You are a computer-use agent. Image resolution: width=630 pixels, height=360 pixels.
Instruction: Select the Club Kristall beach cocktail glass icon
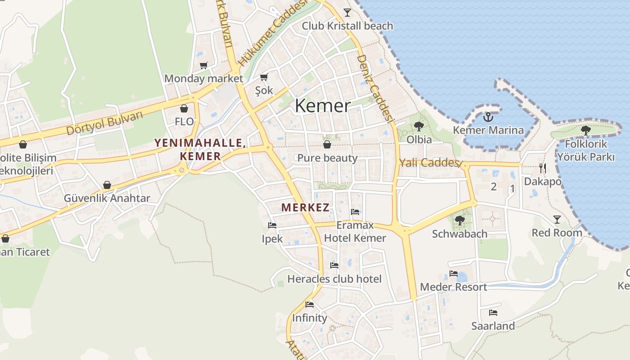point(347,12)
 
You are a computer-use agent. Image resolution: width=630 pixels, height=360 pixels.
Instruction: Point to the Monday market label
point(203,78)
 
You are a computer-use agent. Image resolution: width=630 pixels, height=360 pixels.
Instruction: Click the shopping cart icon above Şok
point(264,77)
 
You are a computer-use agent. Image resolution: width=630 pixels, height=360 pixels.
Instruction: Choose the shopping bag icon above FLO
point(184,108)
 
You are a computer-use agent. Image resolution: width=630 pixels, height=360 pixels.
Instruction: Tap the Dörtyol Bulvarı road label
point(104,122)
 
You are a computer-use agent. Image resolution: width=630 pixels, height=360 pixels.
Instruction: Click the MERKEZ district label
point(306,207)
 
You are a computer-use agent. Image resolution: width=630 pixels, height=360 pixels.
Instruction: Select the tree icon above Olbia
point(419,126)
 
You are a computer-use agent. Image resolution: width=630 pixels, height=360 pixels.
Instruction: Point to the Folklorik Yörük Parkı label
point(585,150)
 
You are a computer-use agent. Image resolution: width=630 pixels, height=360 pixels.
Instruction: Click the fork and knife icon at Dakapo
point(543,168)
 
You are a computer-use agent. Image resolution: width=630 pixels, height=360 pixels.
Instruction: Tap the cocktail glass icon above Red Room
point(557,219)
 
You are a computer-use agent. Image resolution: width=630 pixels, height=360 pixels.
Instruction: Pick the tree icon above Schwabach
point(459,220)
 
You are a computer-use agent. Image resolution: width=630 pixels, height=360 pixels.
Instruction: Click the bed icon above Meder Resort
point(454,274)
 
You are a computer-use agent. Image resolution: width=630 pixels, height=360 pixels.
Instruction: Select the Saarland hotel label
point(493,326)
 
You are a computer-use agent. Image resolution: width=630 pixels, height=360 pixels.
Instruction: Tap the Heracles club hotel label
point(334,279)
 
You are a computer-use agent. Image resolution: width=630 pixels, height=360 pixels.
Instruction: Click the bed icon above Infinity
point(310,305)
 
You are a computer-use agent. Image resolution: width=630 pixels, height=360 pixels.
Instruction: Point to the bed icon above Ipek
point(272,225)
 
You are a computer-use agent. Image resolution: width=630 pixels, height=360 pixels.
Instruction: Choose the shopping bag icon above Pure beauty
point(327,144)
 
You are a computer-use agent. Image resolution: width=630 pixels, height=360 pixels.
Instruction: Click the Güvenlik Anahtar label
point(107,198)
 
